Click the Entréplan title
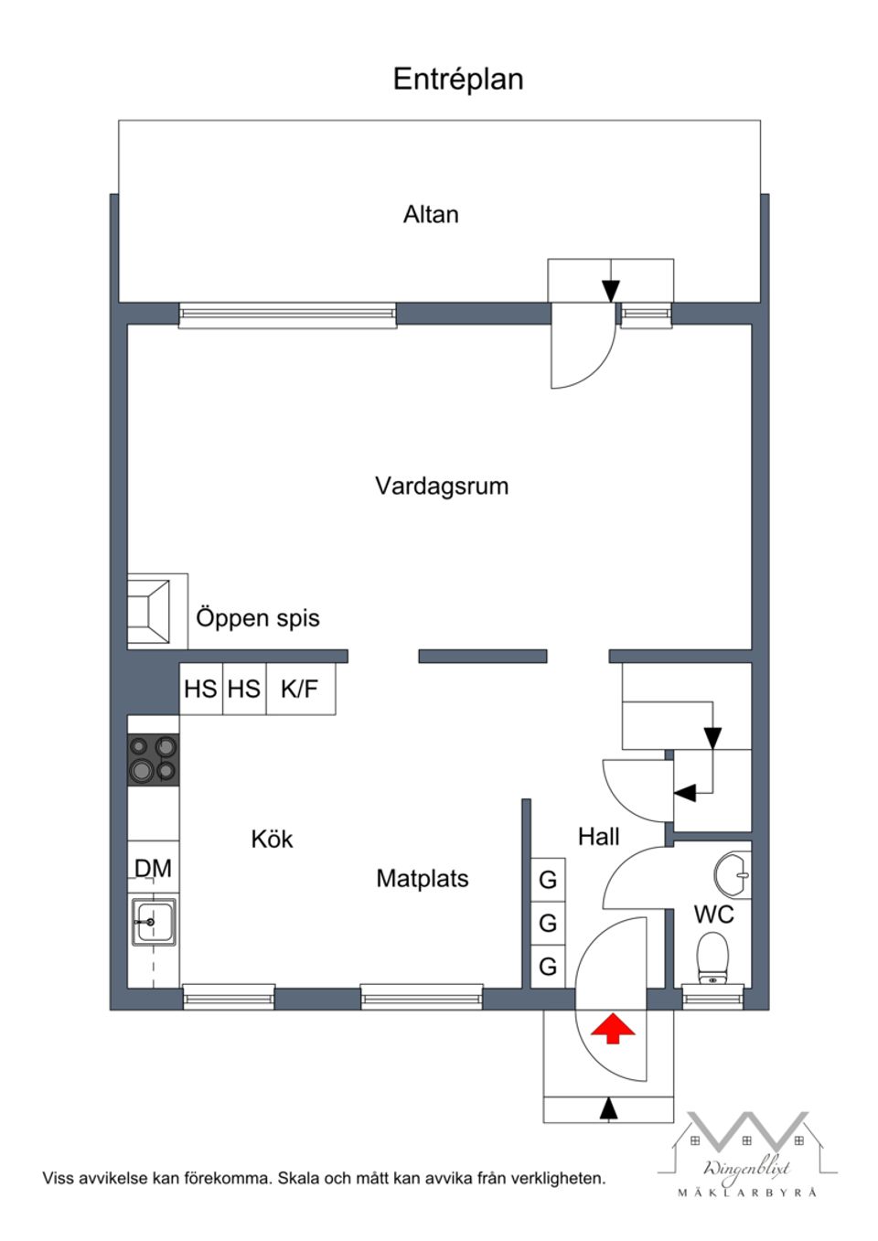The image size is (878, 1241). point(457,80)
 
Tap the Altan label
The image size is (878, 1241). point(431,215)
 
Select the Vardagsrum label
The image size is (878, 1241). point(441,486)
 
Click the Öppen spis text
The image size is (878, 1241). point(258,618)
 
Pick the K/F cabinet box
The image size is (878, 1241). point(300,689)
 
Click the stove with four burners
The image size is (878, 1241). point(153,759)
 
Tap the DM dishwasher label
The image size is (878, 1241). point(153,868)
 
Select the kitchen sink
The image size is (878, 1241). point(153,922)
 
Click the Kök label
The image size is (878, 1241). point(272,840)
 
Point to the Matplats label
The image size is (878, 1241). point(422,879)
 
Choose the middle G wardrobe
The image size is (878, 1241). point(548,923)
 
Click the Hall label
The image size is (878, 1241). point(598,836)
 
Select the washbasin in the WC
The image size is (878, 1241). point(733,873)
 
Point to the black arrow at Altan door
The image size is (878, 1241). point(611,291)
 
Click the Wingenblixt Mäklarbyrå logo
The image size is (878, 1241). point(746,1154)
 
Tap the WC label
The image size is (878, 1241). point(713,915)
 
